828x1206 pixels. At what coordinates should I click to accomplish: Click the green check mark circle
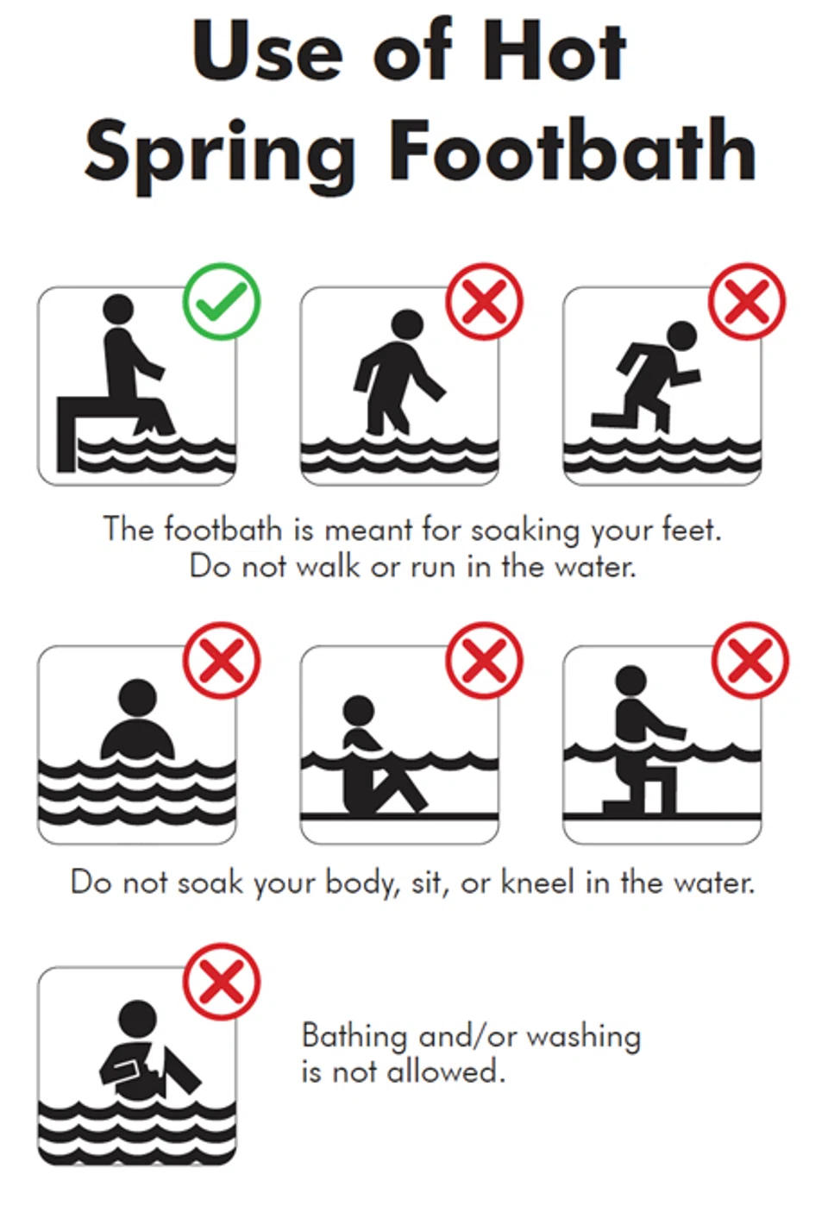(222, 302)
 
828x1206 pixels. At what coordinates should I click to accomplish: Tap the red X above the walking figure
(484, 302)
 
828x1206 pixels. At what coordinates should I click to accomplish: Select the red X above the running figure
(747, 302)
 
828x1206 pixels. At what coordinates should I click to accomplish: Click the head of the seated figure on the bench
(118, 310)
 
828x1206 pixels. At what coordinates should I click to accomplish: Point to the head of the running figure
(681, 337)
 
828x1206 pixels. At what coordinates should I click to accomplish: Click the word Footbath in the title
(573, 151)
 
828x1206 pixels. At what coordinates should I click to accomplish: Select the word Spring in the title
(220, 156)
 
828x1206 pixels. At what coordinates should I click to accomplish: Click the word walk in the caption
(328, 567)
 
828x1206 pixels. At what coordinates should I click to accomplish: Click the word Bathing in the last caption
(354, 1037)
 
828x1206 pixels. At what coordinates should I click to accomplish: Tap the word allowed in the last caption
(446, 1071)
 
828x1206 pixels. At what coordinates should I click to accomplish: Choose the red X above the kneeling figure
(750, 661)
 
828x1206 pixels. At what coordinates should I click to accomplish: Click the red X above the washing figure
(222, 982)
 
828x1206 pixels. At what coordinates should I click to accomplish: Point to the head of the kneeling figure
(630, 681)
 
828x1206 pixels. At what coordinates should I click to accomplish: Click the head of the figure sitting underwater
(359, 711)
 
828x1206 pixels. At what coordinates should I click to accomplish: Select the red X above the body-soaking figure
(222, 661)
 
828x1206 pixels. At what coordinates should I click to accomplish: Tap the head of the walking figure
(407, 325)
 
